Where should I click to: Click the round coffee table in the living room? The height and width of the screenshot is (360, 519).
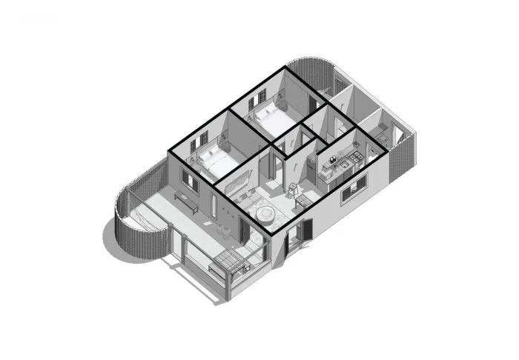(x=265, y=214)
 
